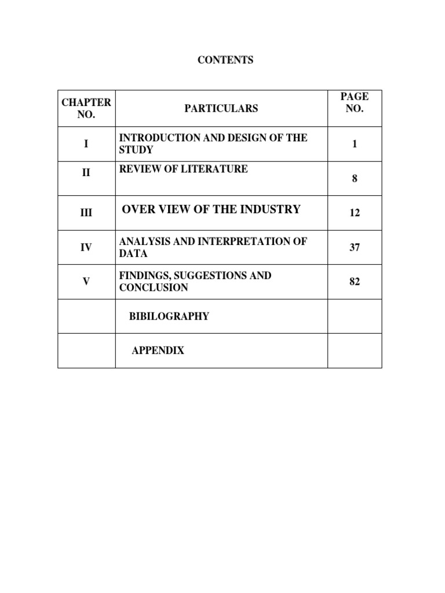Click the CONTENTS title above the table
226,60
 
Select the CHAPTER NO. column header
86,108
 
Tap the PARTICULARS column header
221,108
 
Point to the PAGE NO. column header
355,103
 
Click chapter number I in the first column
86,144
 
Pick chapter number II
86,173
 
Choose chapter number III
86,213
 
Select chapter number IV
86,247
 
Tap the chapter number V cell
86,281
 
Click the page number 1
355,144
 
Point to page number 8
355,179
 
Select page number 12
355,213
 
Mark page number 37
355,247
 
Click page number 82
355,281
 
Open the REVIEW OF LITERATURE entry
183,169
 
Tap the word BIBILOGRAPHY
169,316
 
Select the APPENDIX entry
158,350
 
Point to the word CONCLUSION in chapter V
154,287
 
